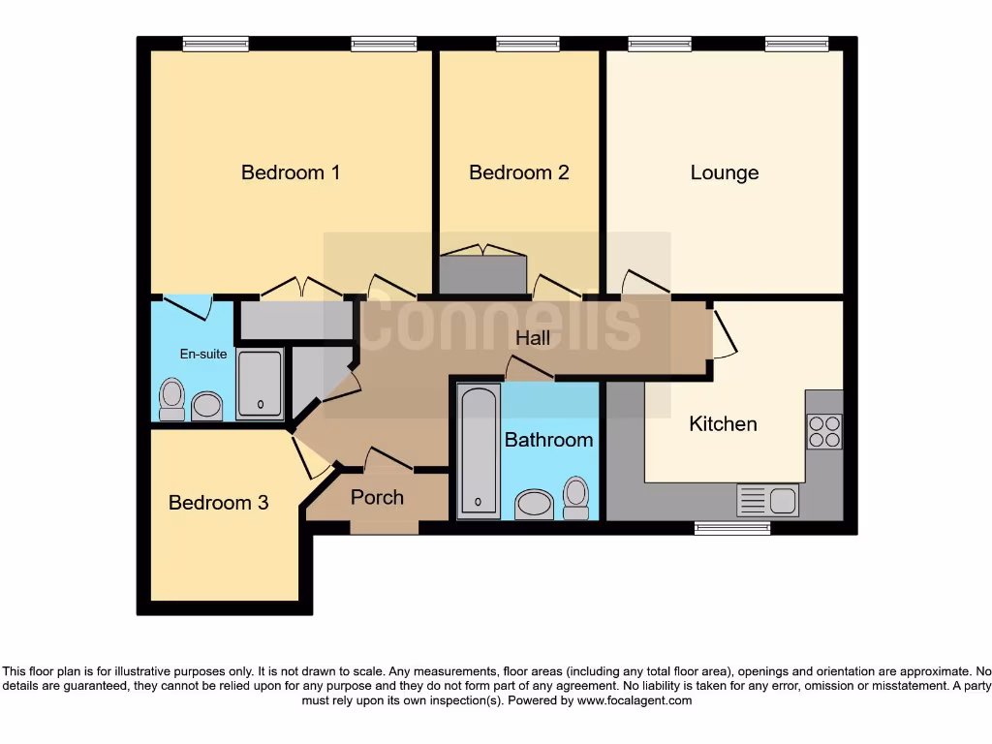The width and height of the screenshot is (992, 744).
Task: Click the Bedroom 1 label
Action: (x=290, y=172)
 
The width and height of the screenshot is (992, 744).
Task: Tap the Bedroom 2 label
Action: (x=518, y=172)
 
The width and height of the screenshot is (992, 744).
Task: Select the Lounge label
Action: (x=724, y=172)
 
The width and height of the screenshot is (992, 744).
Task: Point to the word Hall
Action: (x=532, y=338)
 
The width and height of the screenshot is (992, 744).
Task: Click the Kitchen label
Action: (x=723, y=423)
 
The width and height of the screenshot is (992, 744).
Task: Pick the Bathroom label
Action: (x=548, y=439)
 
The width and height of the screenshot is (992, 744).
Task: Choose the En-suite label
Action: (x=203, y=354)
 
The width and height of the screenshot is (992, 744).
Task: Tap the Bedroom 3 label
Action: (x=218, y=502)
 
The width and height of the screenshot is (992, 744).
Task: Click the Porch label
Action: (x=377, y=497)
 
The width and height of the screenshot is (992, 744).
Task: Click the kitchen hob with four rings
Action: (x=823, y=431)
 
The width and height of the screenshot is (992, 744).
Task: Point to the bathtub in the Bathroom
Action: (x=479, y=450)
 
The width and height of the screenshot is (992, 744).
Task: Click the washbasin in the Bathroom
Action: (x=533, y=504)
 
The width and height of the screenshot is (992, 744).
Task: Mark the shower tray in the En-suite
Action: (x=260, y=384)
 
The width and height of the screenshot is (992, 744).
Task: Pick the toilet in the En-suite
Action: (x=172, y=398)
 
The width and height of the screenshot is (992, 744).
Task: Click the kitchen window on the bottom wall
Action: (x=732, y=528)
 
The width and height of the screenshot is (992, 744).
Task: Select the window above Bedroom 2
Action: (x=527, y=44)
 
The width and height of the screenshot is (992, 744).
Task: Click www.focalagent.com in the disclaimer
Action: (x=635, y=700)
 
